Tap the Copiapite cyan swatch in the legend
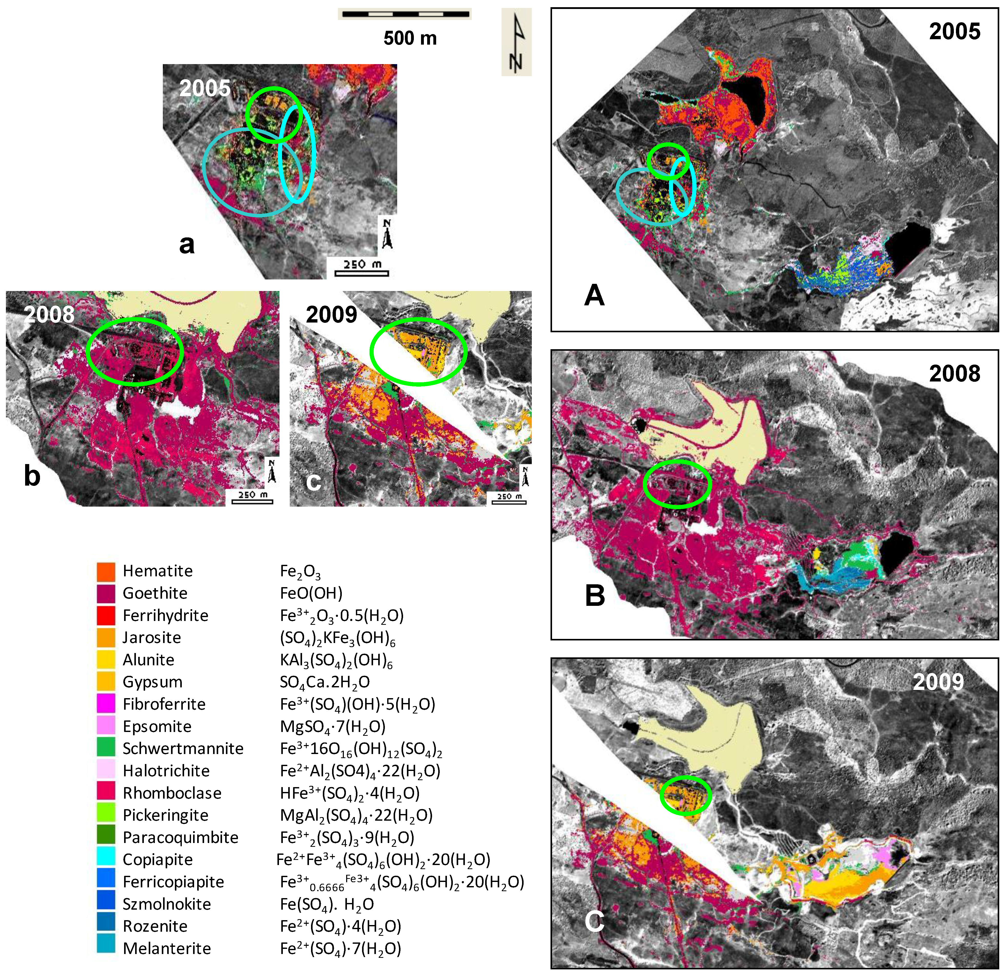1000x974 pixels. click(x=106, y=859)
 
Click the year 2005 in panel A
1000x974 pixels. click(x=954, y=32)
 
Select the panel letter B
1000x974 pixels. click(x=595, y=595)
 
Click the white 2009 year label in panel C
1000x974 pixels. click(x=938, y=682)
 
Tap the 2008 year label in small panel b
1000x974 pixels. click(x=49, y=314)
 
